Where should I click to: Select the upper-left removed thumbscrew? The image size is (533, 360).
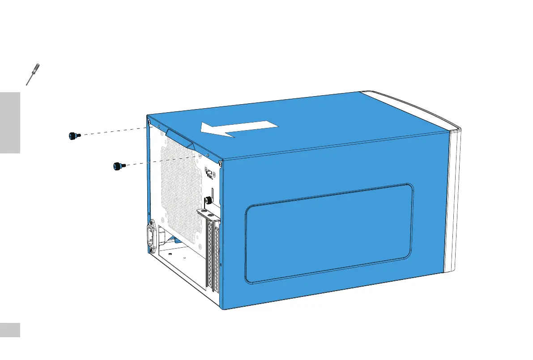pyautogui.click(x=73, y=136)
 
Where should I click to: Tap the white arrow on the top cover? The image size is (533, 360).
pyautogui.click(x=239, y=129)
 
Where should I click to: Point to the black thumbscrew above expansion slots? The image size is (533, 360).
pyautogui.click(x=208, y=200)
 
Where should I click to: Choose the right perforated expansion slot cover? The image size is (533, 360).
pyautogui.click(x=218, y=259)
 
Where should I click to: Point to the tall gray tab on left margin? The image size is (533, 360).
pyautogui.click(x=10, y=123)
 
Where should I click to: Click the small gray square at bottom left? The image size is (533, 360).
pyautogui.click(x=10, y=330)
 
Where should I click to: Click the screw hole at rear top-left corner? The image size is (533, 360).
pyautogui.click(x=149, y=120)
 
